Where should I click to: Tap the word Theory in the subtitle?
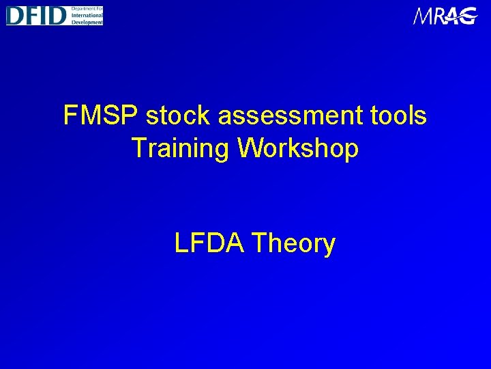(293, 243)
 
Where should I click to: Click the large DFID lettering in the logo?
(36, 15)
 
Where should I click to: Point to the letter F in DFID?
(31, 15)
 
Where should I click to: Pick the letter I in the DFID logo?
(44, 15)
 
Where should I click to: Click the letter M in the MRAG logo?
(423, 16)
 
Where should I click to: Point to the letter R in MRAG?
(439, 16)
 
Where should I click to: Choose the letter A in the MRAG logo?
(453, 16)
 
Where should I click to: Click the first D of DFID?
(16, 15)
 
